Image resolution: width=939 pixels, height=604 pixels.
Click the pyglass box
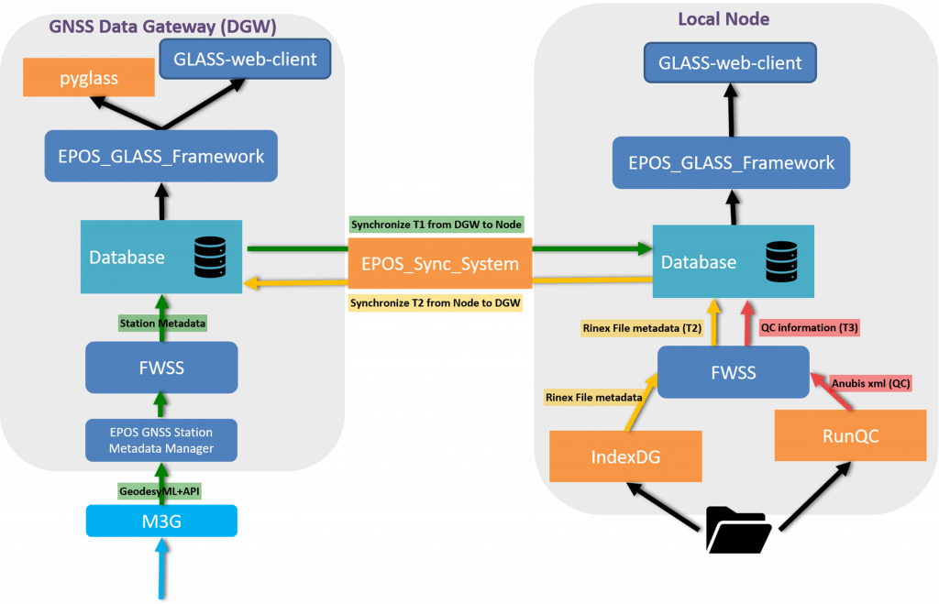89,79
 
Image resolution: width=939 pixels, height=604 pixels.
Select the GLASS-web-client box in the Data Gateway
245,60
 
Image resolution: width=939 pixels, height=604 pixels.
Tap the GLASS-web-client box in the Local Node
730,63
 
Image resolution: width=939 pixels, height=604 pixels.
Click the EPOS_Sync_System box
440,264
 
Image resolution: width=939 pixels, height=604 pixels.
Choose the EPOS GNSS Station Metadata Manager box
161,439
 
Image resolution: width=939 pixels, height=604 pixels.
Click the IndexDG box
625,456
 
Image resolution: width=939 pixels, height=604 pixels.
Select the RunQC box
850,435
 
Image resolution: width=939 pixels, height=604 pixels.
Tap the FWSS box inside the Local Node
734,372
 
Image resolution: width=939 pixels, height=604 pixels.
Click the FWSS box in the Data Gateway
161,368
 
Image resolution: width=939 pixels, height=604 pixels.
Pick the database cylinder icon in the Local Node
783,260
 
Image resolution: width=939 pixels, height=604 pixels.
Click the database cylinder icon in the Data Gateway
210,257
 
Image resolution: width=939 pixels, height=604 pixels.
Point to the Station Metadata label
162,323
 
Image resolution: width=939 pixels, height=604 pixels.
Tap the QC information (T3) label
811,327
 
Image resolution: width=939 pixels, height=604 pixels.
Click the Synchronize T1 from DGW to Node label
436,225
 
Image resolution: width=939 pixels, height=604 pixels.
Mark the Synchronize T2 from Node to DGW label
436,302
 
